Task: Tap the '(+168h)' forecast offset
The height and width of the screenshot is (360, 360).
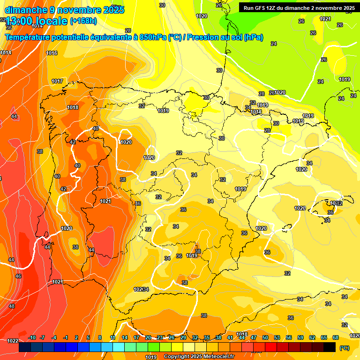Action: [x=83, y=21]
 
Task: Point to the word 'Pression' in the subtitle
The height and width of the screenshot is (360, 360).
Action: [x=204, y=37]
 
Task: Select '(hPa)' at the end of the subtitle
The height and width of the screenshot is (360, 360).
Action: [x=254, y=37]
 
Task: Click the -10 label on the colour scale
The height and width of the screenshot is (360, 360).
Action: [x=32, y=337]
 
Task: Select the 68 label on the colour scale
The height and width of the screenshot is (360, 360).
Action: [x=336, y=337]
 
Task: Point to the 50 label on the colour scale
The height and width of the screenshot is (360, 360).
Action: [x=265, y=337]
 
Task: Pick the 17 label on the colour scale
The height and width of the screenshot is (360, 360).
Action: [x=136, y=337]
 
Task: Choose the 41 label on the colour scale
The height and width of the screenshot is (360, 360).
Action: [x=230, y=337]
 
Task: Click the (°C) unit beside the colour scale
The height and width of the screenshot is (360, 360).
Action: [x=345, y=348]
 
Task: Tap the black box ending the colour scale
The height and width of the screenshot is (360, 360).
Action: [x=330, y=347]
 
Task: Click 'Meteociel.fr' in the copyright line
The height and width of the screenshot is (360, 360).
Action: [x=218, y=357]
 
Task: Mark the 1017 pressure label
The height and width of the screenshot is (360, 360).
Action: [x=57, y=81]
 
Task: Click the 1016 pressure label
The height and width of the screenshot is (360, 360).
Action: [x=52, y=53]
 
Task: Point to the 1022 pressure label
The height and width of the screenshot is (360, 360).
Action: [x=13, y=341]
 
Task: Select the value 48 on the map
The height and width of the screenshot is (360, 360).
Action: [x=12, y=306]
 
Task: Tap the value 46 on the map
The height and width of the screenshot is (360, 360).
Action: [x=18, y=276]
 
